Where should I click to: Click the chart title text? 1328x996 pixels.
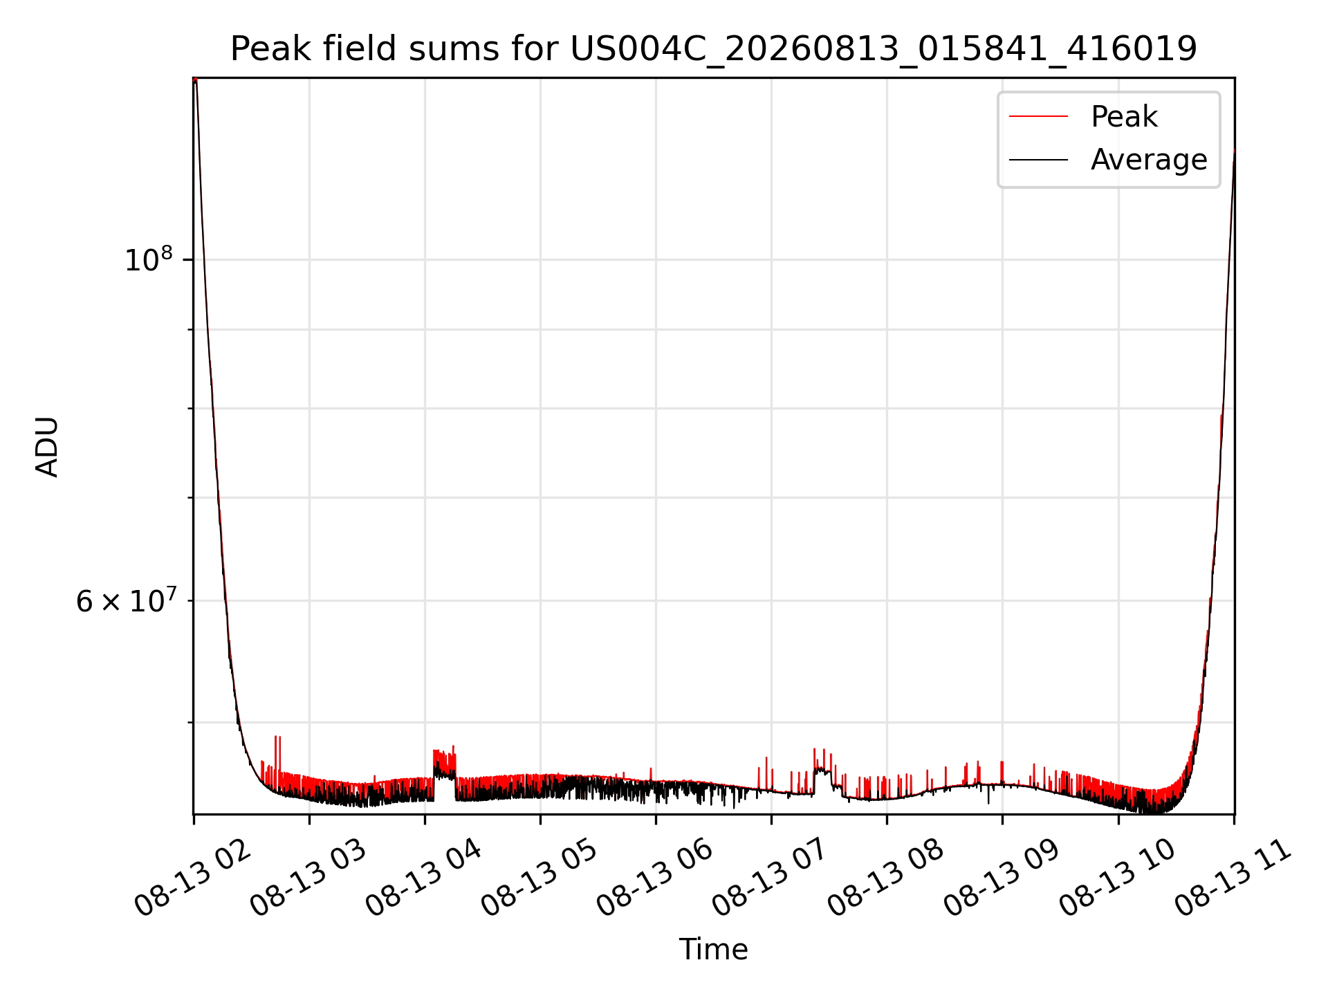(713, 49)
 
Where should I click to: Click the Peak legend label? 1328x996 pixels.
(1124, 117)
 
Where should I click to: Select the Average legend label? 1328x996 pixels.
(1149, 160)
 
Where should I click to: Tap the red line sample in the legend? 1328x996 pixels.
(1038, 117)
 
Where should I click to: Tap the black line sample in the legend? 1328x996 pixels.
(1038, 160)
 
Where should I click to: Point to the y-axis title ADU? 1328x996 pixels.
(47, 446)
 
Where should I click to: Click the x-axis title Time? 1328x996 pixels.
(713, 950)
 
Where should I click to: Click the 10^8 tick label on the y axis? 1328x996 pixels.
(148, 259)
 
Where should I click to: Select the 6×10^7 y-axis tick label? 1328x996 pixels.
(126, 600)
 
